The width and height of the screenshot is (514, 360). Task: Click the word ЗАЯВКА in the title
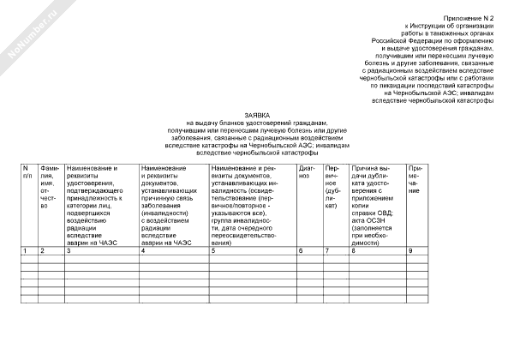click(257, 114)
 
